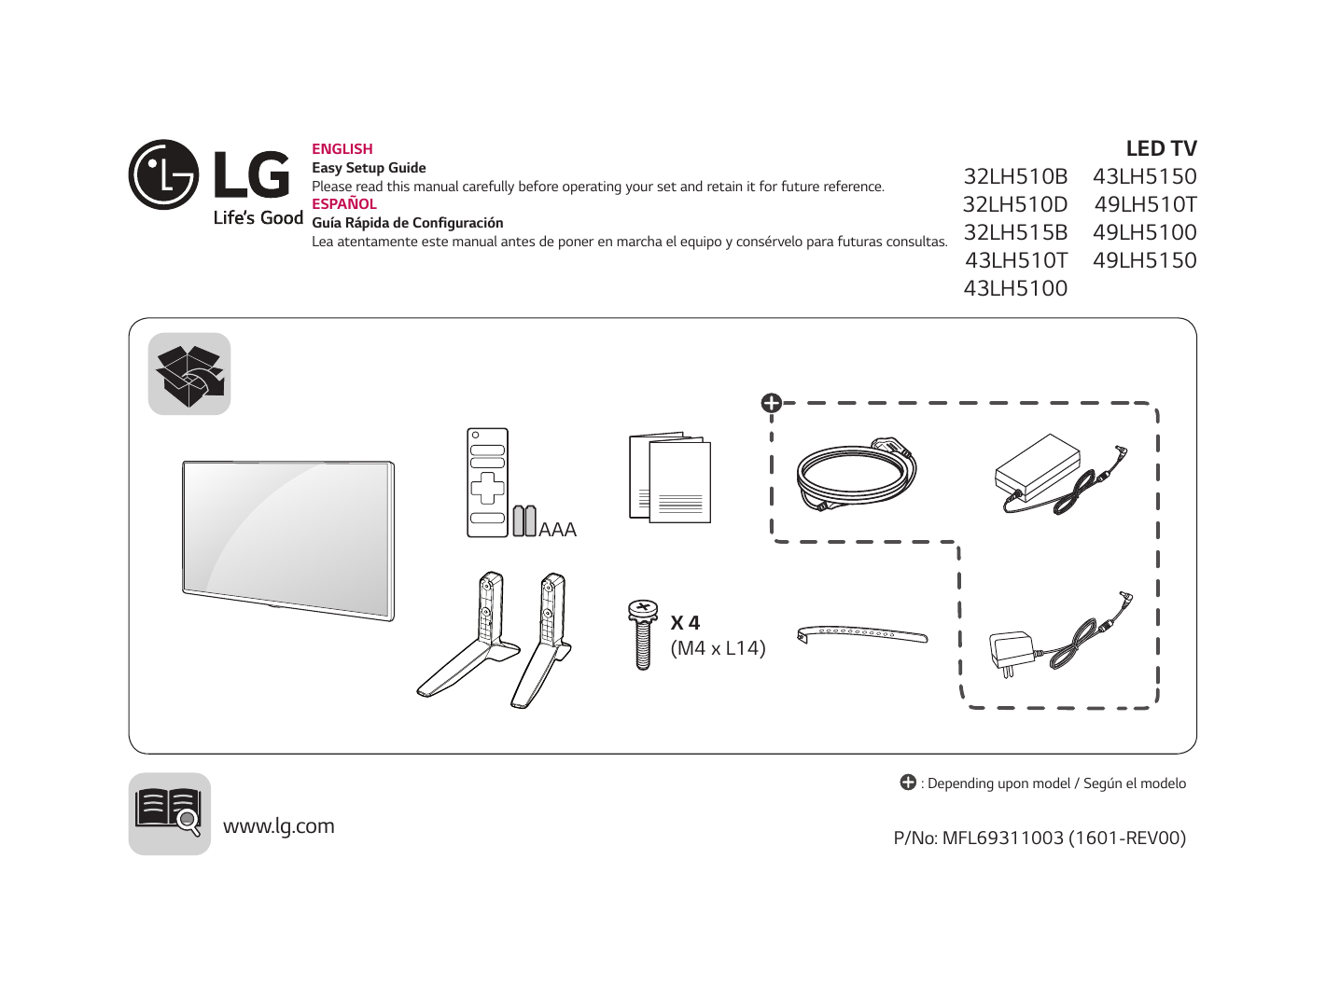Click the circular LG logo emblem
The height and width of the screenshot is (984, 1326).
tap(163, 174)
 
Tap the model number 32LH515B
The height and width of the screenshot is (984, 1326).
tap(1015, 232)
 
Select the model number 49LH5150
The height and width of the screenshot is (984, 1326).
tap(1145, 260)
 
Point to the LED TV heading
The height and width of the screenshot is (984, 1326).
tap(1161, 148)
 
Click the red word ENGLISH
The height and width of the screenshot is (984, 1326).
tap(342, 149)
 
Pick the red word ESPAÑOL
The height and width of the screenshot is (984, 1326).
tap(344, 204)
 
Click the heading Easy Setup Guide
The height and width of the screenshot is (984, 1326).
tap(369, 168)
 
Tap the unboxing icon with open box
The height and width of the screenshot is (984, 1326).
tap(189, 374)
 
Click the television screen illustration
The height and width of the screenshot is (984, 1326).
tap(288, 539)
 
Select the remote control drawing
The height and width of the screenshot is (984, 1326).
tap(487, 482)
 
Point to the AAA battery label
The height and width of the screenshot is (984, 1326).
tap(557, 530)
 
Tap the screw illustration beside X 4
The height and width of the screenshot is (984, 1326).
tap(642, 634)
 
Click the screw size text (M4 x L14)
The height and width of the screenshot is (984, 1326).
tap(718, 648)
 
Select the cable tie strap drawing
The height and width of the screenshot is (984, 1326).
tap(862, 634)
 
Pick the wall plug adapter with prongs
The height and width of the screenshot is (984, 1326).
tap(1012, 651)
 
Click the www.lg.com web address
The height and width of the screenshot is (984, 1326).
tap(278, 826)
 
